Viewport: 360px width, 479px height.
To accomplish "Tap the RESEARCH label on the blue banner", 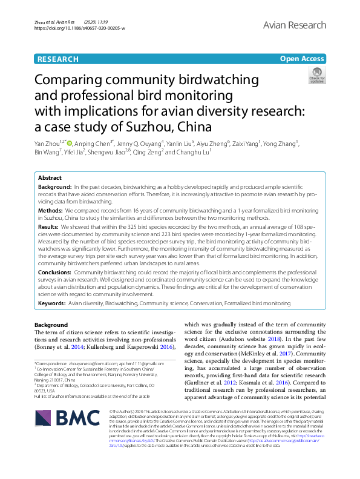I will click(57, 59).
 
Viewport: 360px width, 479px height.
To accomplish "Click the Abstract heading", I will click(50, 178).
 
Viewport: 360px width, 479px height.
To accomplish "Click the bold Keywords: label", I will click(52, 303).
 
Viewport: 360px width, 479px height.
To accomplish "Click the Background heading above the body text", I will click(51, 325).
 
